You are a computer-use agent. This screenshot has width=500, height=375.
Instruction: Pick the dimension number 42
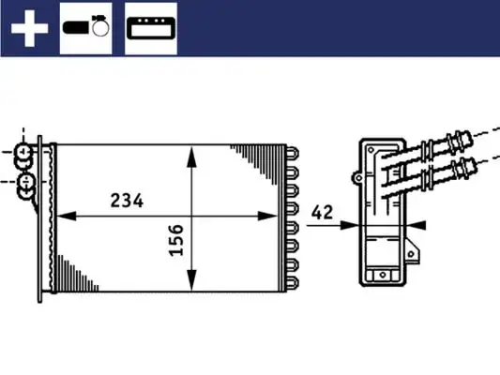pos(323,212)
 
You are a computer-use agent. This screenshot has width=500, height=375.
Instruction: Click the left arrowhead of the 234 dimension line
pos(62,217)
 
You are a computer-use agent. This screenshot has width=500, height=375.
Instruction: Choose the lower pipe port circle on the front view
pos(26,180)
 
